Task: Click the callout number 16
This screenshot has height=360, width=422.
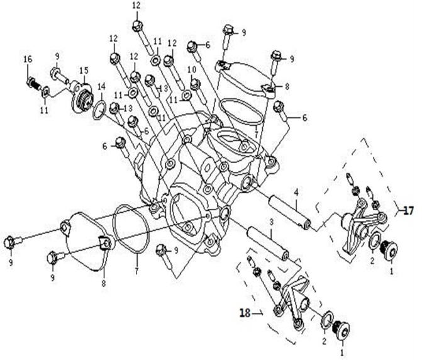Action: click(x=28, y=59)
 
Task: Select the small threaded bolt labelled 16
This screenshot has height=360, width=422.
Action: click(x=33, y=83)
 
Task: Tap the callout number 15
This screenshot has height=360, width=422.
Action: click(x=84, y=71)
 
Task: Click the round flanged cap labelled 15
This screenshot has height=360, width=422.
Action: click(x=82, y=99)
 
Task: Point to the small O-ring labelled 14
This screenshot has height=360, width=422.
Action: click(x=99, y=110)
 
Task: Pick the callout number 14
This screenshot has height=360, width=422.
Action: click(x=101, y=87)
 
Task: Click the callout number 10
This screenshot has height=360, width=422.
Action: click(x=192, y=70)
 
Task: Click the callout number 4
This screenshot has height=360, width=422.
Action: click(x=296, y=193)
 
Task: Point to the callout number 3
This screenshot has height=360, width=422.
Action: click(x=271, y=222)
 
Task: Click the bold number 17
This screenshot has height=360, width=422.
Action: click(x=408, y=211)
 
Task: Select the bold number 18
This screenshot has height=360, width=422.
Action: click(x=245, y=313)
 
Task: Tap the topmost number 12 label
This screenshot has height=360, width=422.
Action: click(x=136, y=6)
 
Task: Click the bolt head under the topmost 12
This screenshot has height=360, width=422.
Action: click(x=138, y=26)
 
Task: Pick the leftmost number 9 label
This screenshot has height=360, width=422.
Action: click(x=11, y=262)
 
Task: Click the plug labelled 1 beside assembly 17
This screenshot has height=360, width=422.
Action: click(x=389, y=250)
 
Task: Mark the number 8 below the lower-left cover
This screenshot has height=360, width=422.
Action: click(x=104, y=283)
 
